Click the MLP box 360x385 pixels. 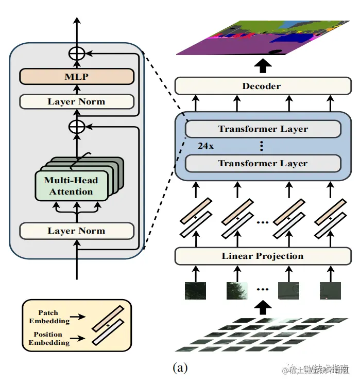[76, 77]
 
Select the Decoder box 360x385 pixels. [263, 86]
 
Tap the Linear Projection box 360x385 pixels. [263, 256]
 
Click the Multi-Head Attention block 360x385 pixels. [72, 186]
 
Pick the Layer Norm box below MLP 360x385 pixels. [76, 101]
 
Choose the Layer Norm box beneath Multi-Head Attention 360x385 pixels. [76, 231]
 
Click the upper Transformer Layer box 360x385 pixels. [263, 129]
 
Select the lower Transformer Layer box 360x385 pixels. [263, 164]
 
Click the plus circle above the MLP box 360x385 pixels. [77, 52]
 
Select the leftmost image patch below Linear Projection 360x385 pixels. [195, 291]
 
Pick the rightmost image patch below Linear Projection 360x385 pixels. [330, 291]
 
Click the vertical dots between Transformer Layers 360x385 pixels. [262, 146]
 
